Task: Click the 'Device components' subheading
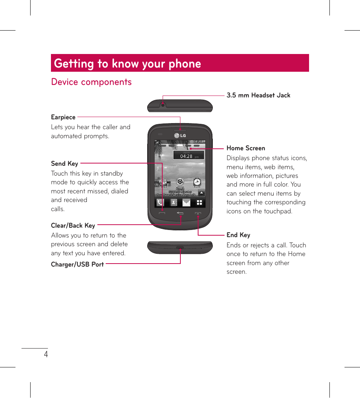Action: pos(91,82)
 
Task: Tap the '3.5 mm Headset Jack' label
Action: pos(258,95)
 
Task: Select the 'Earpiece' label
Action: pos(63,117)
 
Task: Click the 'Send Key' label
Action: pos(65,164)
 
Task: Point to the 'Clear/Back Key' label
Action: pos(73,225)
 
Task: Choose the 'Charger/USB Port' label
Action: pos(77,264)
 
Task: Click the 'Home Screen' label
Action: pos(246,148)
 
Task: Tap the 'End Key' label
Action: pos(238,235)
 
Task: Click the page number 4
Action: pos(46,354)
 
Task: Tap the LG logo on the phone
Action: pos(180,136)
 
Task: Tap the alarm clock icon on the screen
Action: pos(197,182)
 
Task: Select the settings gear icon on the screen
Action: pos(180,182)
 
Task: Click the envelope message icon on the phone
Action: pos(186,203)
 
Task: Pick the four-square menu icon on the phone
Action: pos(199,203)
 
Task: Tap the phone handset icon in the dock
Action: pos(160,203)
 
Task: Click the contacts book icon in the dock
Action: pos(173,203)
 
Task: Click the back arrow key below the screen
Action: pos(180,214)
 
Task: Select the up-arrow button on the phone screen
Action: pos(202,193)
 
